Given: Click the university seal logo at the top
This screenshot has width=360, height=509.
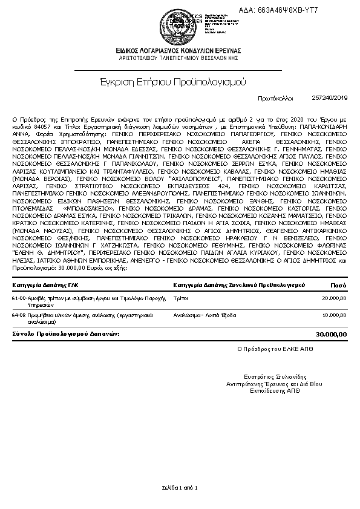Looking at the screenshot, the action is tap(180, 25).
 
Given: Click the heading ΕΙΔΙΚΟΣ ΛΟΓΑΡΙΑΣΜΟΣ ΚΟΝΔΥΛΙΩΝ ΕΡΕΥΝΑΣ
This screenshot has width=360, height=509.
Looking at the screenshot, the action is tap(180, 51).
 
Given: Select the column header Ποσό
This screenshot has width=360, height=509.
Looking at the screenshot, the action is tap(338, 284).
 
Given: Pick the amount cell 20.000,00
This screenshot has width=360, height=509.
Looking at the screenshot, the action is tap(335, 298).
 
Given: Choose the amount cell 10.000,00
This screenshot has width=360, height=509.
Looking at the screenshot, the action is tap(335, 315).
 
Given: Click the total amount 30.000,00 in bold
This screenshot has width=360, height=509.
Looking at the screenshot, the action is tap(332, 334).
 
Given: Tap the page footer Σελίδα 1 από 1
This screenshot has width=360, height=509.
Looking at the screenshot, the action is tap(180, 487).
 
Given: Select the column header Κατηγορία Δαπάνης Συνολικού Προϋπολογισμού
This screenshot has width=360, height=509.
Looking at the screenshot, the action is tap(239, 284).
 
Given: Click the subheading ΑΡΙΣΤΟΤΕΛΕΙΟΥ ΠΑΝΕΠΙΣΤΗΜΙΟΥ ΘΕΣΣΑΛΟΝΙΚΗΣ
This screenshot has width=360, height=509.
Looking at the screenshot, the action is tap(180, 59).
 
